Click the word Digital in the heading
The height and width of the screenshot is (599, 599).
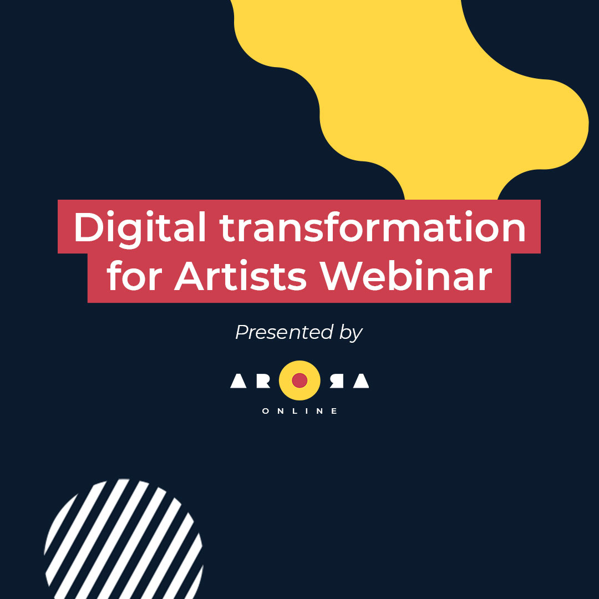coord(140,229)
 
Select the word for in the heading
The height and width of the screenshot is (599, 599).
coord(134,275)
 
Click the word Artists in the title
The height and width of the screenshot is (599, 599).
coord(241,275)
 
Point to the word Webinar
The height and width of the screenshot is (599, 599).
coord(406,275)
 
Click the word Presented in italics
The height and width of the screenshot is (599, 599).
coord(284,332)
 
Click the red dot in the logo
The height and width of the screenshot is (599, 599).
coord(299,380)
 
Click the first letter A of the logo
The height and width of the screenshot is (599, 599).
coord(238,381)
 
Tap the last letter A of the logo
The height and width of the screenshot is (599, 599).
coord(361,381)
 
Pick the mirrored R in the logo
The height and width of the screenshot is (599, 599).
coord(337,381)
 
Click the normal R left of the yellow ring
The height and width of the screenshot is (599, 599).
coord(263,381)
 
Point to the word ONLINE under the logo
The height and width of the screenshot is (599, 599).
coord(299,411)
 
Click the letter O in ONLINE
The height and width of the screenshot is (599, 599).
coord(266,411)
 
